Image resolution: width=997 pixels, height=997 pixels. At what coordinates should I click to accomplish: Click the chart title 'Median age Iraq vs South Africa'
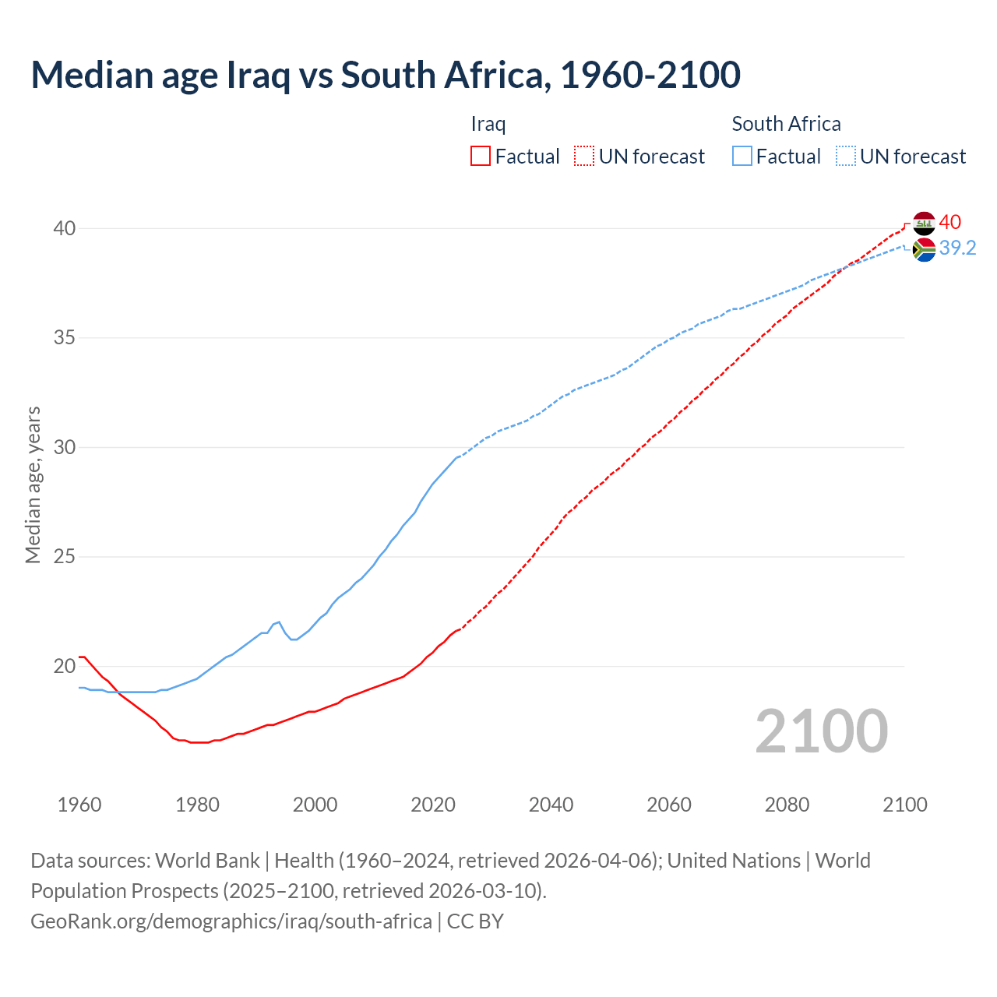386,75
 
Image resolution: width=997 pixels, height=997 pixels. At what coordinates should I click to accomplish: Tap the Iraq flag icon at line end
924,223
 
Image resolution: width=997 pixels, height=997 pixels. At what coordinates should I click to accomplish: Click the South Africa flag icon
924,250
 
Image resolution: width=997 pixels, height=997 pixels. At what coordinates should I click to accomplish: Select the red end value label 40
949,222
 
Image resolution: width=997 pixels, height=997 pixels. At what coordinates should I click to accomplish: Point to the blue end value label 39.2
957,248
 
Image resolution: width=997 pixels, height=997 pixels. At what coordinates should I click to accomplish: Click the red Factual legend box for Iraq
481,156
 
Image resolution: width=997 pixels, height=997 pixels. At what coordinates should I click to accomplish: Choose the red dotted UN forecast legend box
584,156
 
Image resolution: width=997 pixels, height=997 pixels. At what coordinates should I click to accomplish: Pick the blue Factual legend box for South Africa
742,156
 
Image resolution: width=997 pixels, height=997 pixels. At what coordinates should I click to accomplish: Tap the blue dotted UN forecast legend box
845,156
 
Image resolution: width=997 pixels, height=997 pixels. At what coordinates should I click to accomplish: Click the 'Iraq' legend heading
488,124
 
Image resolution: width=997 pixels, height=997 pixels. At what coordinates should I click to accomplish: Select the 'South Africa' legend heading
786,124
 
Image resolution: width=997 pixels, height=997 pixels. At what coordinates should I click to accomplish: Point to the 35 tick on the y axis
64,338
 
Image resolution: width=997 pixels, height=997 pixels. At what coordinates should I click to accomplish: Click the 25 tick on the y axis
64,557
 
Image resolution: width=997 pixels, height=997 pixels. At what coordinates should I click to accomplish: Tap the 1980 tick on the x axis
197,805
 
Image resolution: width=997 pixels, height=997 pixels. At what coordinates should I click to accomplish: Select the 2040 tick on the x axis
551,805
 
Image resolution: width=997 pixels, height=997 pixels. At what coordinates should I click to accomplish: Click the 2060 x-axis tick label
669,805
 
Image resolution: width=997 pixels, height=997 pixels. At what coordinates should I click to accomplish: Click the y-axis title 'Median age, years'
33,484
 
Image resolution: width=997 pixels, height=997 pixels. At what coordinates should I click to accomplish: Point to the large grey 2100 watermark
822,731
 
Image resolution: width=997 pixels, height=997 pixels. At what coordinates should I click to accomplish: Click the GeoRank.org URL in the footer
231,921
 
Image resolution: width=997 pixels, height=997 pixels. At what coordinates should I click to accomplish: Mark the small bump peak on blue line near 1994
279,622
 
